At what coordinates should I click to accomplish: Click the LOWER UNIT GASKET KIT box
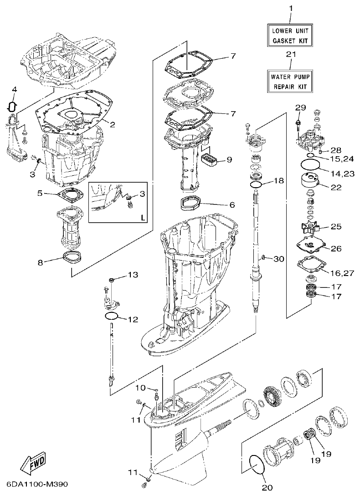pyautogui.click(x=290, y=36)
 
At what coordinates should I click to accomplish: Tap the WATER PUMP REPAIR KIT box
pyautogui.click(x=290, y=81)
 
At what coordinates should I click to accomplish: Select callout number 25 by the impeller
pyautogui.click(x=337, y=226)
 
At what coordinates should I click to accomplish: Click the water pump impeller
pyautogui.click(x=311, y=227)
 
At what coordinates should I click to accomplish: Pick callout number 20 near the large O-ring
pyautogui.click(x=267, y=487)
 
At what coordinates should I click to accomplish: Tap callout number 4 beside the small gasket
pyautogui.click(x=14, y=89)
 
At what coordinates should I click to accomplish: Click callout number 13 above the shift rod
pyautogui.click(x=132, y=275)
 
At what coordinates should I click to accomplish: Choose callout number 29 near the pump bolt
pyautogui.click(x=300, y=107)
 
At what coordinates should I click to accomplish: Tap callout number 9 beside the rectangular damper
pyautogui.click(x=229, y=159)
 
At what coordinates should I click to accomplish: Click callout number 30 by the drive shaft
pyautogui.click(x=278, y=259)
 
